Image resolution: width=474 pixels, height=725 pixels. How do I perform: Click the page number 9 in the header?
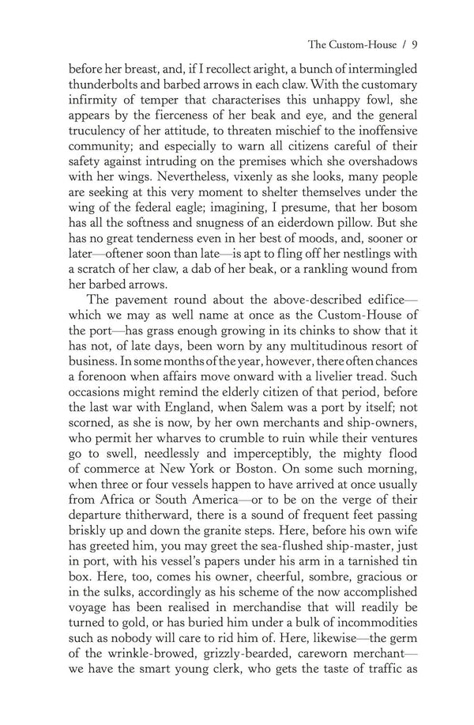415,44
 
